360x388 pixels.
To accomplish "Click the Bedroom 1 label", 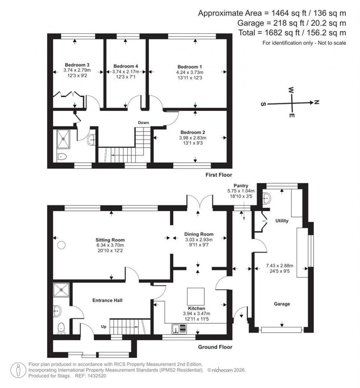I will (189, 67).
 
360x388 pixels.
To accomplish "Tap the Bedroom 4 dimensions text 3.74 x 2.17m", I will (126, 71).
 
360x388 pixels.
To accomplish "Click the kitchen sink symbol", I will (180, 329).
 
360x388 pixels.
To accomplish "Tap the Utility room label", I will (282, 221).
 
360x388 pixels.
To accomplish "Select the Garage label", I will (282, 304).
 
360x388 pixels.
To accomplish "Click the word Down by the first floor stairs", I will (143, 123).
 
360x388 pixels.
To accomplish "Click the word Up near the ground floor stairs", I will (104, 326).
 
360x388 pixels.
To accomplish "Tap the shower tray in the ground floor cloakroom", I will (62, 290).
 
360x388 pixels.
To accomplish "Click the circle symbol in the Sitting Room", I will (62, 244).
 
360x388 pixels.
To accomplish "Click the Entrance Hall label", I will (107, 300).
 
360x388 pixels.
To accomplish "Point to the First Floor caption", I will (219, 175).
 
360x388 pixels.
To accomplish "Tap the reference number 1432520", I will (95, 376).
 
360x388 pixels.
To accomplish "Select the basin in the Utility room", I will (267, 198).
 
